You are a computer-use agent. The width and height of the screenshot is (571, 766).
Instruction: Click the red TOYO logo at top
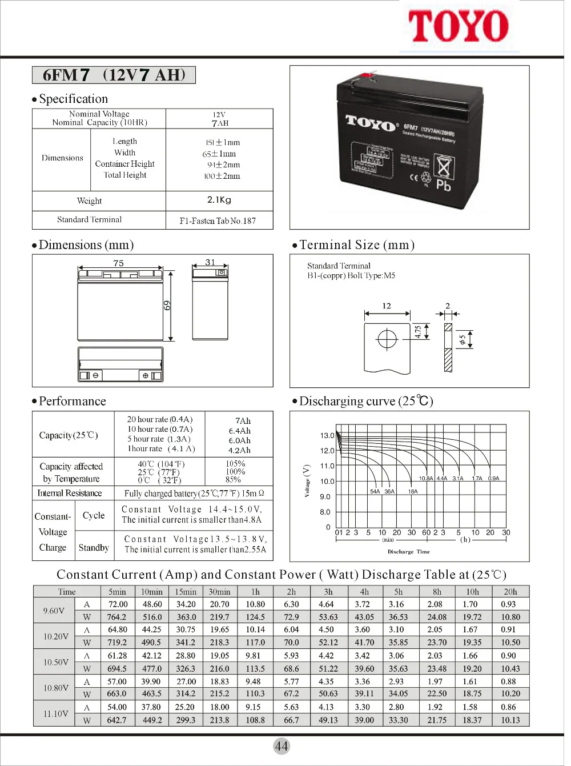[458, 26]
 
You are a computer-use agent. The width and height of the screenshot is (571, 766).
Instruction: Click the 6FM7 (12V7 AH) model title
[114, 75]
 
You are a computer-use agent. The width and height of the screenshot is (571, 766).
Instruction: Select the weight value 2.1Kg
[219, 200]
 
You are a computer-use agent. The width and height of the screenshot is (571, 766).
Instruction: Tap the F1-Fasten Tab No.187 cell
[218, 220]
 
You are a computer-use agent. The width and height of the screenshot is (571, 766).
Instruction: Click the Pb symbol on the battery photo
[443, 185]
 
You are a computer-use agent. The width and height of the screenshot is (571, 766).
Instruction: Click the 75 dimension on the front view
[118, 263]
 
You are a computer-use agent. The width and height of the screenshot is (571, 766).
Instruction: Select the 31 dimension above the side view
[210, 262]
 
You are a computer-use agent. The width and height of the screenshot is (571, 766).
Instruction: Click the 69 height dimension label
[167, 306]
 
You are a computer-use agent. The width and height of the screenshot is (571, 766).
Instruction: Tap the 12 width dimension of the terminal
[387, 306]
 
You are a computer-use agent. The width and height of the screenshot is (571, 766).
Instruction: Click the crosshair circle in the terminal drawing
[387, 339]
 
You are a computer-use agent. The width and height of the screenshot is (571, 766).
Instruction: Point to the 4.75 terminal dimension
[418, 332]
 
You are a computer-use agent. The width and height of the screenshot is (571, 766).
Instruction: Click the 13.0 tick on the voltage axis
[327, 435]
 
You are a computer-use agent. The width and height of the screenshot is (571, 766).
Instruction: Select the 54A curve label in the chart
[375, 491]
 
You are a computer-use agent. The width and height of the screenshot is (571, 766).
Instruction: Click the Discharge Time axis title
[408, 552]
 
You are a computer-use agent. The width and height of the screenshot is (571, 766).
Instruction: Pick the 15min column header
[186, 592]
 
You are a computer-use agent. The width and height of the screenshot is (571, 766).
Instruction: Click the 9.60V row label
[54, 611]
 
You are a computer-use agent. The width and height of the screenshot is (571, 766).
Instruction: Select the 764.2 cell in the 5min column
[117, 617]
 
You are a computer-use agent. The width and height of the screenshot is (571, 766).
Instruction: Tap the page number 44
[282, 746]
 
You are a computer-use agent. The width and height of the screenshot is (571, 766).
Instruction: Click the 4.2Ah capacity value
[239, 450]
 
